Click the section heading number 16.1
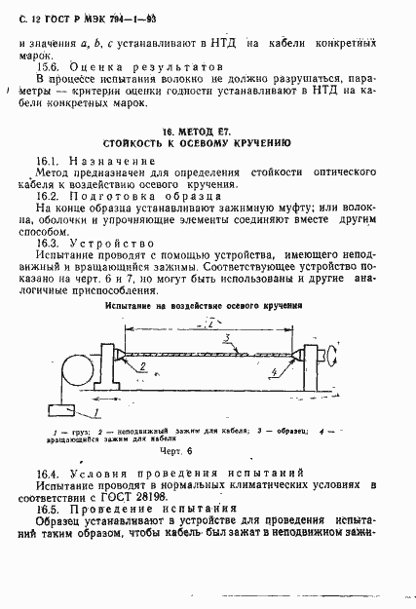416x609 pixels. (x=49, y=159)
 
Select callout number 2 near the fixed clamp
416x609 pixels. (x=142, y=368)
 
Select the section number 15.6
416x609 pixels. (x=49, y=60)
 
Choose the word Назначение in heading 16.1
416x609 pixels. (x=113, y=159)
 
